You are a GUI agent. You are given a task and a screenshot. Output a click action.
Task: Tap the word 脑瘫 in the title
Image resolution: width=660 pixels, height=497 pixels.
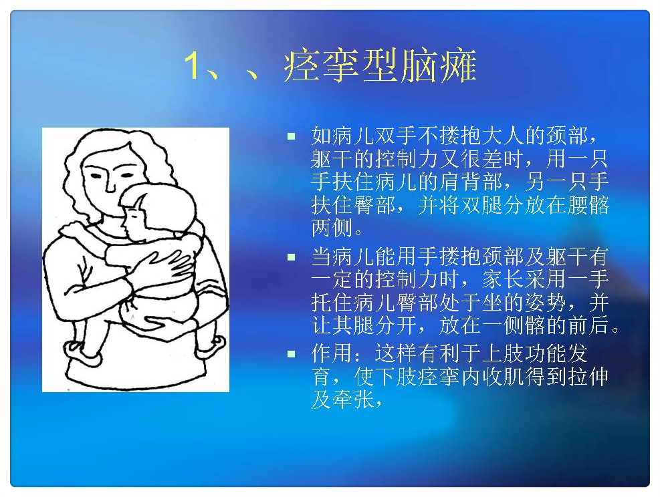coord(439,65)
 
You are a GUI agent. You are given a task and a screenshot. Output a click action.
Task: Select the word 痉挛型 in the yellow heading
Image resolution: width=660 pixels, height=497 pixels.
coord(340,65)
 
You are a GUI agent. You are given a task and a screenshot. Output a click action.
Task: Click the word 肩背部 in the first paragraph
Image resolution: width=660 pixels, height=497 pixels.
coord(471,182)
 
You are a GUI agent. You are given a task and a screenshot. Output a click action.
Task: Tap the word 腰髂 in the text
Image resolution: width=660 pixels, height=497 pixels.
coord(588,205)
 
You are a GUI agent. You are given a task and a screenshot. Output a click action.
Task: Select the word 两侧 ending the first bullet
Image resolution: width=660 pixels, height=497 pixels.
coord(332,228)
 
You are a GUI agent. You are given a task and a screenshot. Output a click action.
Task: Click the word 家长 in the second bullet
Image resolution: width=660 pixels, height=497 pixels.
coord(503,279)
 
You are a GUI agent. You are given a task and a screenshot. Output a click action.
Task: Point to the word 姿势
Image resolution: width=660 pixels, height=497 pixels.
coord(546,302)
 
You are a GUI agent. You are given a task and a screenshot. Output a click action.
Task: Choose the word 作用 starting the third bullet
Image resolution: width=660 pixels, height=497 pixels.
coord(332,353)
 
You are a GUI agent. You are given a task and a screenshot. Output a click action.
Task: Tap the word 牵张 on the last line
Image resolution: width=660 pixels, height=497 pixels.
coord(354,399)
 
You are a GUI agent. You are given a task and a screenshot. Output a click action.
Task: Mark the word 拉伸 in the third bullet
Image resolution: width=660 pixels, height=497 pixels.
coord(588,376)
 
